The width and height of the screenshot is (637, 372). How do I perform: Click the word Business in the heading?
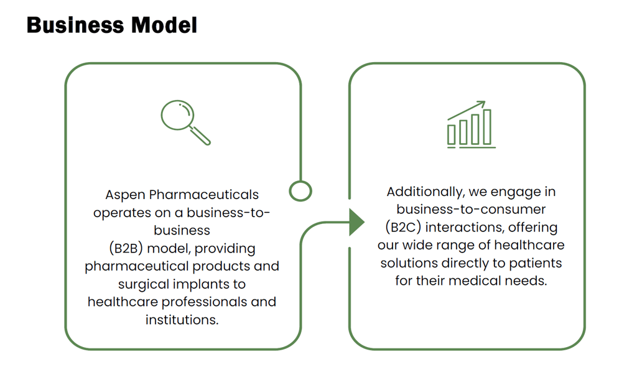[75, 25]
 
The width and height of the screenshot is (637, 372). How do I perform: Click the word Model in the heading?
[164, 25]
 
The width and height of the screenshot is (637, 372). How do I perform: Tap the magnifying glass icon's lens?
[177, 115]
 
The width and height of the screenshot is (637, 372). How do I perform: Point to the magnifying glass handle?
[200, 135]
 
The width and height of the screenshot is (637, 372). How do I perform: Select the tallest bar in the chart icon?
[487, 127]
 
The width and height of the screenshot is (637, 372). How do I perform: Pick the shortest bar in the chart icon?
[452, 135]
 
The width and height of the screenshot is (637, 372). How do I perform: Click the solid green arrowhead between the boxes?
[356, 222]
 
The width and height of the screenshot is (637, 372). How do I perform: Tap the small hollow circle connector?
[300, 191]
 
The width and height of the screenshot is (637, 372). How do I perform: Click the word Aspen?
[125, 195]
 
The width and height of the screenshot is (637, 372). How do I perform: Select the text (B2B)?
[126, 248]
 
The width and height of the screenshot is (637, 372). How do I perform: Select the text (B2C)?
[403, 227]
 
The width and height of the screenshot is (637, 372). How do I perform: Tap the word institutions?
[182, 320]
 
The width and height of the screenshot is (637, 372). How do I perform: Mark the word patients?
[536, 263]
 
